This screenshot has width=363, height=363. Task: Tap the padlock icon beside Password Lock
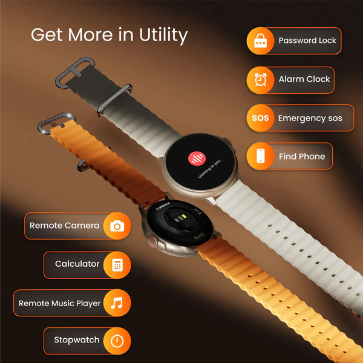[x=261, y=41]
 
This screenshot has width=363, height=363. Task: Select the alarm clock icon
[x=261, y=79]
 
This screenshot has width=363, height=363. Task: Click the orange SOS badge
[x=261, y=118]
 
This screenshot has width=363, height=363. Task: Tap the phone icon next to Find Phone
[x=261, y=156]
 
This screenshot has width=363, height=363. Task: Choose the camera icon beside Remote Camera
[x=117, y=226]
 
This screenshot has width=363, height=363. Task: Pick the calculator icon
[x=117, y=264]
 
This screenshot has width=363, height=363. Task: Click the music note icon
[x=117, y=303]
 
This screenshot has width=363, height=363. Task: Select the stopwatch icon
[x=117, y=341]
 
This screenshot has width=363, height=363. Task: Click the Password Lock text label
[x=307, y=41]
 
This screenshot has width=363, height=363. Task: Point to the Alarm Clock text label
[x=304, y=79]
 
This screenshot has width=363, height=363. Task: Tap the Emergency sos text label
[x=310, y=118]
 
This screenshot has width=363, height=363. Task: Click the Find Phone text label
[x=302, y=156]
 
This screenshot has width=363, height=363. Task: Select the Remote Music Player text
[x=60, y=303]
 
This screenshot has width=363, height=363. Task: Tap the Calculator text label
[x=77, y=264]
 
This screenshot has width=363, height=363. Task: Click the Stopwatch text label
[x=77, y=340]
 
